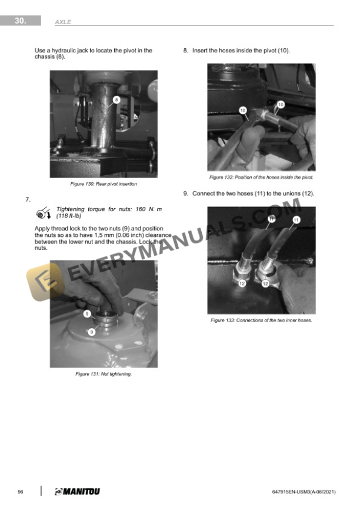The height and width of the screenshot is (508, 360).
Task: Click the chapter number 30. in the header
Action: click(x=20, y=21)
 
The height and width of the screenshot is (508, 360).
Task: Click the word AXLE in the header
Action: click(x=63, y=22)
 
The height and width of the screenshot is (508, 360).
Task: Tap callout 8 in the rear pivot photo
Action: click(x=116, y=100)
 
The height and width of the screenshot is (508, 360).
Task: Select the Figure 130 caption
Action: click(x=104, y=184)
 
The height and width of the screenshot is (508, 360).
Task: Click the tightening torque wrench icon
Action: click(x=44, y=213)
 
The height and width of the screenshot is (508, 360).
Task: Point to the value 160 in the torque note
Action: click(x=141, y=209)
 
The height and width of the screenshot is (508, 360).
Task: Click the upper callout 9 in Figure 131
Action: click(x=87, y=313)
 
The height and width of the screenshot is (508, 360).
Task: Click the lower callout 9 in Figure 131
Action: click(x=92, y=332)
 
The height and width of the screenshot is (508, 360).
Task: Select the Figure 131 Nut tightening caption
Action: click(x=104, y=374)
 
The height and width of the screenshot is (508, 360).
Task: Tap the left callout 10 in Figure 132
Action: click(x=243, y=111)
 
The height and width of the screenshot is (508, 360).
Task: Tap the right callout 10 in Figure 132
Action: click(x=281, y=104)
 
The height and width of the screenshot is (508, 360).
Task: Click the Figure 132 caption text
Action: click(x=261, y=178)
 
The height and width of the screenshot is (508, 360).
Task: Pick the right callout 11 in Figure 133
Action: click(x=296, y=220)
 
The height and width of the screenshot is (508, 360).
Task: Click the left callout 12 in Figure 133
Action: click(x=242, y=283)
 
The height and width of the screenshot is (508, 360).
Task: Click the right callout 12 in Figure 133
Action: click(x=265, y=284)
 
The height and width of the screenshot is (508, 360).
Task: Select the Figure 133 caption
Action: click(x=261, y=320)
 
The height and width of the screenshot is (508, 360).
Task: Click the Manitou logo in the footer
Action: click(x=78, y=492)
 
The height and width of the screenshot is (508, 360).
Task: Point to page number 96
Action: click(x=21, y=492)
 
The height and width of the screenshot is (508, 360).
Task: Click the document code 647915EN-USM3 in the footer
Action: click(x=291, y=492)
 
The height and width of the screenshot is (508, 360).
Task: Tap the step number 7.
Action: click(x=28, y=199)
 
